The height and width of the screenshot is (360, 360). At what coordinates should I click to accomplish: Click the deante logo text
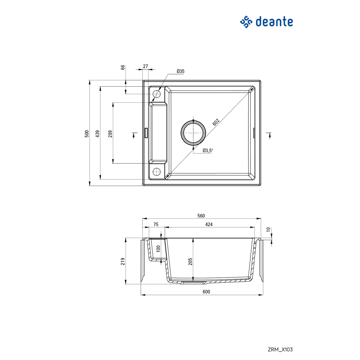coord(274,22)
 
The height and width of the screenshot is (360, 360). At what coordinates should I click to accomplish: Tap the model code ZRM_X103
coord(280,349)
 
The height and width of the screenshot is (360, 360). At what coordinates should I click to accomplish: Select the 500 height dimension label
coord(87,134)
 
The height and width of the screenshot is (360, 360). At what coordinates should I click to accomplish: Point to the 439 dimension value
coord(97,134)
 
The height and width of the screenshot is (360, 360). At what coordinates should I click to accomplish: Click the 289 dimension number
coord(110,134)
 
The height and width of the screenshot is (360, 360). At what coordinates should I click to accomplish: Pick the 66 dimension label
coord(123,67)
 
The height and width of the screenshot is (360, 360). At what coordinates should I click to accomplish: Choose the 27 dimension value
coord(145,66)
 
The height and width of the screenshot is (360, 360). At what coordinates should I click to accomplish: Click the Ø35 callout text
coord(181,71)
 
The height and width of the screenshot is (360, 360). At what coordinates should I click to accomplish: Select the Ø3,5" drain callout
coord(207,151)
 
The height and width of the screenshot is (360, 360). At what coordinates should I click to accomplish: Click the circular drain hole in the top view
coord(193,133)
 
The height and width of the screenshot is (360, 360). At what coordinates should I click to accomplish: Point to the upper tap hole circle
coord(157,94)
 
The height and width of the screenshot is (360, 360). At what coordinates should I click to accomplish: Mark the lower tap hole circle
coord(157,172)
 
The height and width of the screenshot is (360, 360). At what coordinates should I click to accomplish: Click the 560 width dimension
coord(201,216)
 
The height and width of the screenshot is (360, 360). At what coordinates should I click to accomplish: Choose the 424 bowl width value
coord(209,224)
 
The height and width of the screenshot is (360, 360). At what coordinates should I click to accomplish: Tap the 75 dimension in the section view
coord(156,224)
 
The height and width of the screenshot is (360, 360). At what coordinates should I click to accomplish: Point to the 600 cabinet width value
coord(206,292)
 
